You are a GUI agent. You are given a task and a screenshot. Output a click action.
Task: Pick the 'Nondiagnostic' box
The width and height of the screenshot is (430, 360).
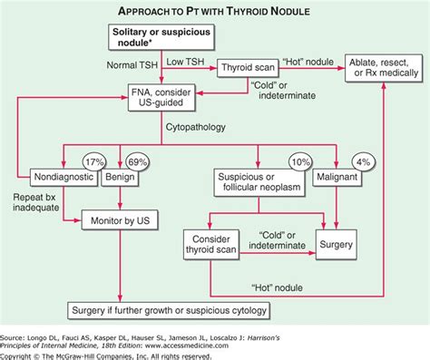pyautogui.click(x=65, y=176)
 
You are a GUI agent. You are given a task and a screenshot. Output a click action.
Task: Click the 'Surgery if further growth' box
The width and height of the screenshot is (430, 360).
pyautogui.click(x=169, y=311)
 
